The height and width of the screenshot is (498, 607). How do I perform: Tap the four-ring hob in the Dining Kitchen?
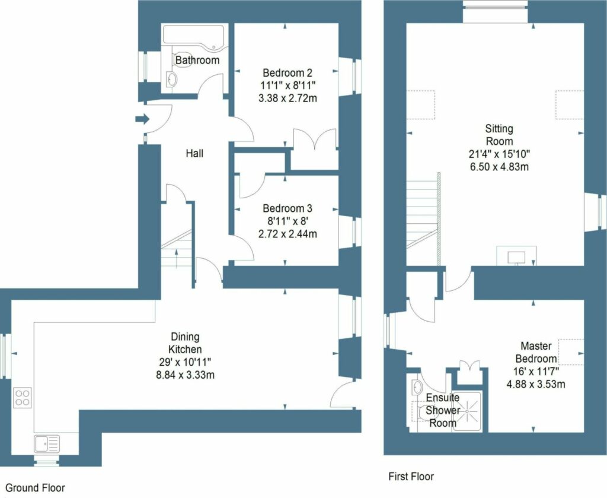[23, 397]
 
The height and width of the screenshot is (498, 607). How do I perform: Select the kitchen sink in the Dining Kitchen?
[47, 443]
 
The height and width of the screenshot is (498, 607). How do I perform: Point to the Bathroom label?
[197, 60]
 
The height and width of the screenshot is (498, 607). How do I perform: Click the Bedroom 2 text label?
[287, 73]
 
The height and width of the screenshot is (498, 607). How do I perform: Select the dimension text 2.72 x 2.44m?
[287, 234]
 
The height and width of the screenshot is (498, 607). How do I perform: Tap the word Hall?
[194, 154]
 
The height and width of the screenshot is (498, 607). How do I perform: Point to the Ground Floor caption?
[32, 488]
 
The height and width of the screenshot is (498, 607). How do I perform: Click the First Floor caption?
[411, 476]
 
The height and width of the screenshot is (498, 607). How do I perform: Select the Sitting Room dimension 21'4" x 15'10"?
[499, 154]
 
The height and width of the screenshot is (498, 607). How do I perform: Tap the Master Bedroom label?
[536, 352]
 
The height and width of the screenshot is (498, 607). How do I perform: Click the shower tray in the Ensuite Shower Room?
[471, 411]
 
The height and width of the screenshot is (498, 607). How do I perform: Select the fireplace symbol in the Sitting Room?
[517, 255]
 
